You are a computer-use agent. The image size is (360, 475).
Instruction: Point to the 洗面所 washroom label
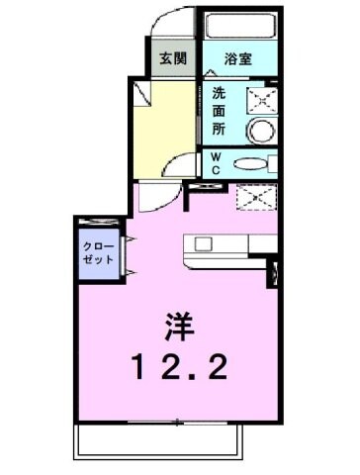[x=219, y=111]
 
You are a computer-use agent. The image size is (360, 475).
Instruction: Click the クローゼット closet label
[x=97, y=251]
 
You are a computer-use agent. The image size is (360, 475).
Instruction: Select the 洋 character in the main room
[x=178, y=326]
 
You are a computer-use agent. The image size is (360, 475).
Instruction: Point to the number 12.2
[x=180, y=368]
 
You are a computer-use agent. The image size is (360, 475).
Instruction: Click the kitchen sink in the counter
[x=203, y=243]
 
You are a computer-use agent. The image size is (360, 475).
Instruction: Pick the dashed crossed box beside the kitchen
[x=254, y=197]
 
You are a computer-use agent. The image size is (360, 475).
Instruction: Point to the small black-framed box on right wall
[x=275, y=274]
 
